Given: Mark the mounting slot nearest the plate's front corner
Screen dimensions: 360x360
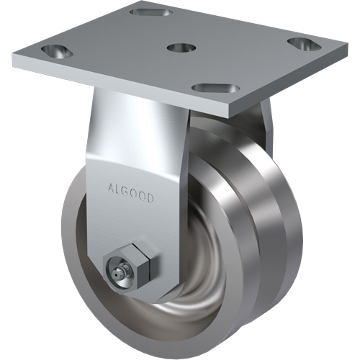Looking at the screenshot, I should (x=215, y=88).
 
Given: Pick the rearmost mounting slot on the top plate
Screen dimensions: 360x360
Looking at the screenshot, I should (x=150, y=12).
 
